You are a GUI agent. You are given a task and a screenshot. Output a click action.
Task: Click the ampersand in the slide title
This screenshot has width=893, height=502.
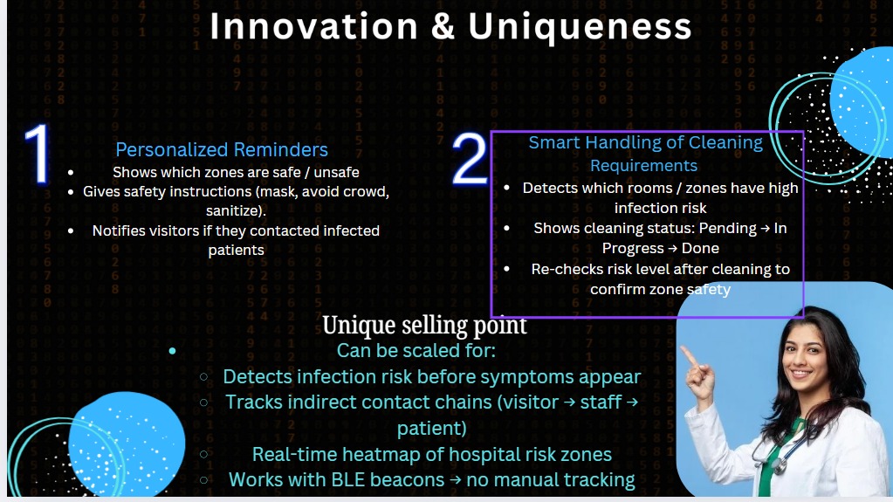443,27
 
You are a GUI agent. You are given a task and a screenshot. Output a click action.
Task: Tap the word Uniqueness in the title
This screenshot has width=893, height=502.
580,27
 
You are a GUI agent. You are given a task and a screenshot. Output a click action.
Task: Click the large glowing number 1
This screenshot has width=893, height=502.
38,154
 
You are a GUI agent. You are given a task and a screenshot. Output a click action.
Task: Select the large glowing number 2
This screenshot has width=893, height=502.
470,159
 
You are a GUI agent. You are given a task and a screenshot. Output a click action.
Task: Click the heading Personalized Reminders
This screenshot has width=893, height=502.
222,149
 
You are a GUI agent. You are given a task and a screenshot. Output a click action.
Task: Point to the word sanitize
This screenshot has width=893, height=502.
234,210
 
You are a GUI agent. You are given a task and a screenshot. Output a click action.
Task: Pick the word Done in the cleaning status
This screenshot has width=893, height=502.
700,249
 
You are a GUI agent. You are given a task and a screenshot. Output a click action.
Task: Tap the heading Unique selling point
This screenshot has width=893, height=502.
424,326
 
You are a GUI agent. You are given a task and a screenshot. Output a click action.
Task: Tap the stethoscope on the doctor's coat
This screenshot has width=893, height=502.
774,451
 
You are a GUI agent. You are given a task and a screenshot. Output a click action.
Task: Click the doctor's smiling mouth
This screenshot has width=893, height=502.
800,375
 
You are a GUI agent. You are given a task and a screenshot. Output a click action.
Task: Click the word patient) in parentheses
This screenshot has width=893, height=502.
432,429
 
